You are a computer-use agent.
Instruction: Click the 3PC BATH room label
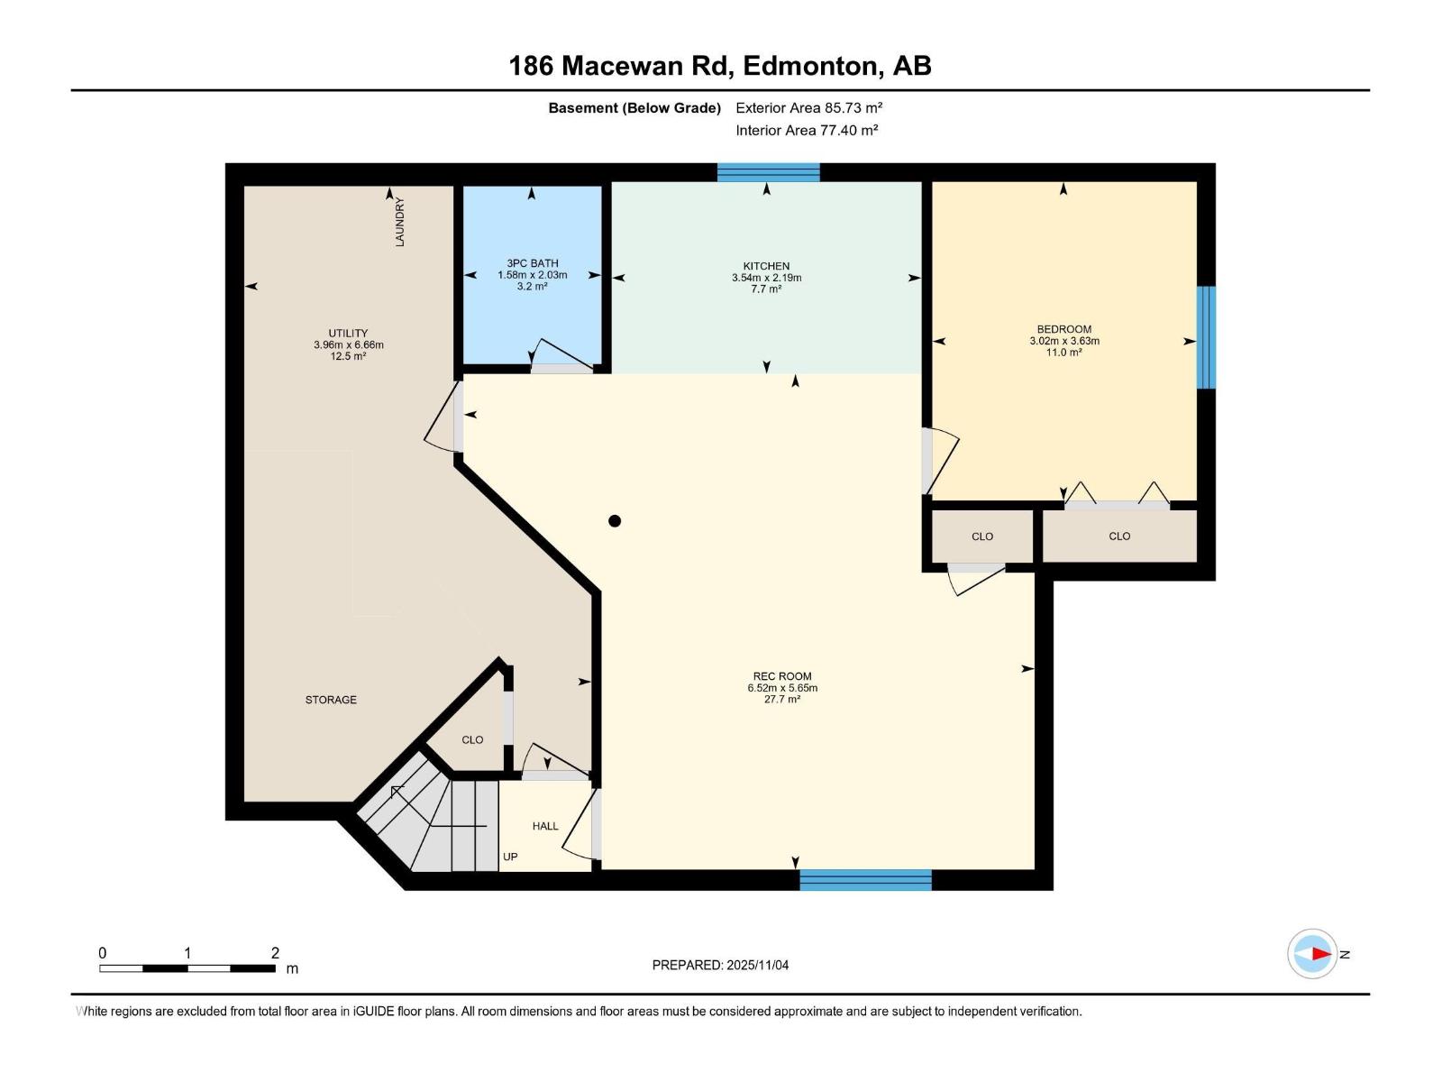tap(532, 263)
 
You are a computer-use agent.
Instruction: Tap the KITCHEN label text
tap(766, 266)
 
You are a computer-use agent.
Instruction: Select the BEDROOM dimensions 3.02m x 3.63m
tap(1064, 341)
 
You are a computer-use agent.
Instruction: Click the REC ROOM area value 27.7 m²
tap(782, 700)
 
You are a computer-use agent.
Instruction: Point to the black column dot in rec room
tap(615, 520)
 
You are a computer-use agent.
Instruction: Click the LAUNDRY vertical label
tap(399, 222)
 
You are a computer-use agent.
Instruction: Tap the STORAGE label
tap(331, 700)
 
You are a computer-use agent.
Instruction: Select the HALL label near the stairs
tap(545, 826)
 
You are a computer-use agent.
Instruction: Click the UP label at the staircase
tap(510, 857)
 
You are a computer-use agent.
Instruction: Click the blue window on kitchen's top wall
tap(768, 172)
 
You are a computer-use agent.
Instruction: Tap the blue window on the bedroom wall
tap(1206, 337)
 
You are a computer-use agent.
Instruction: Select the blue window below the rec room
tap(865, 880)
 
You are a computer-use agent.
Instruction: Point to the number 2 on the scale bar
tap(275, 953)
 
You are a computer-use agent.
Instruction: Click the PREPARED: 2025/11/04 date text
tap(720, 965)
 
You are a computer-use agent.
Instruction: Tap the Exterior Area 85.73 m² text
tap(808, 107)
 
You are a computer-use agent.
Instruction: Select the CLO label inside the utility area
tap(472, 739)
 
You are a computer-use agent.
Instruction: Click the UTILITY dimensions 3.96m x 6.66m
tap(348, 344)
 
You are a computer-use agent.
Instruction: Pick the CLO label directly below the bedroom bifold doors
tap(1119, 536)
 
